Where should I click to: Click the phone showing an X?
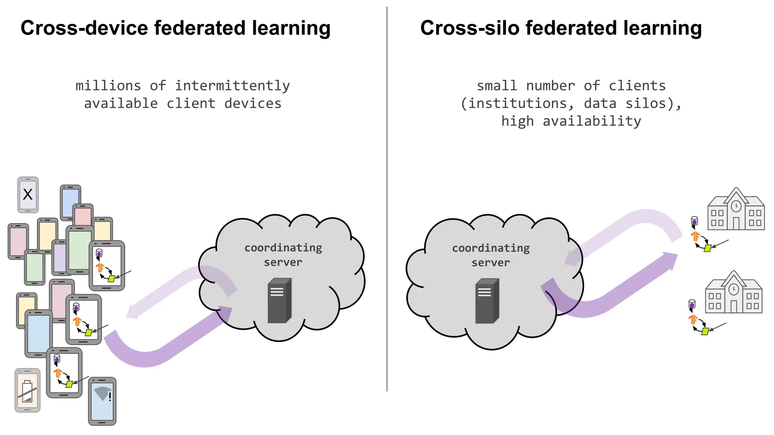(x=28, y=194)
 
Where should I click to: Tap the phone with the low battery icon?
(x=27, y=390)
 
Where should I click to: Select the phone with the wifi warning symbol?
(x=102, y=401)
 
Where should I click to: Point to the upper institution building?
(x=736, y=209)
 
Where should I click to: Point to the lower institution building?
(x=734, y=292)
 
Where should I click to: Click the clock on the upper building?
(x=736, y=206)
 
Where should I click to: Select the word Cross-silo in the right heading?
(x=469, y=28)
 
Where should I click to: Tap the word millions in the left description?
(x=108, y=86)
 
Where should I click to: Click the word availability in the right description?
(x=592, y=121)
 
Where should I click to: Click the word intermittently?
(x=232, y=86)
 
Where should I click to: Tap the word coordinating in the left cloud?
(x=283, y=248)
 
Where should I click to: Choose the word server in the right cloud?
(x=491, y=262)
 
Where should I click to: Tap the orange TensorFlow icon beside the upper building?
(x=695, y=236)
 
